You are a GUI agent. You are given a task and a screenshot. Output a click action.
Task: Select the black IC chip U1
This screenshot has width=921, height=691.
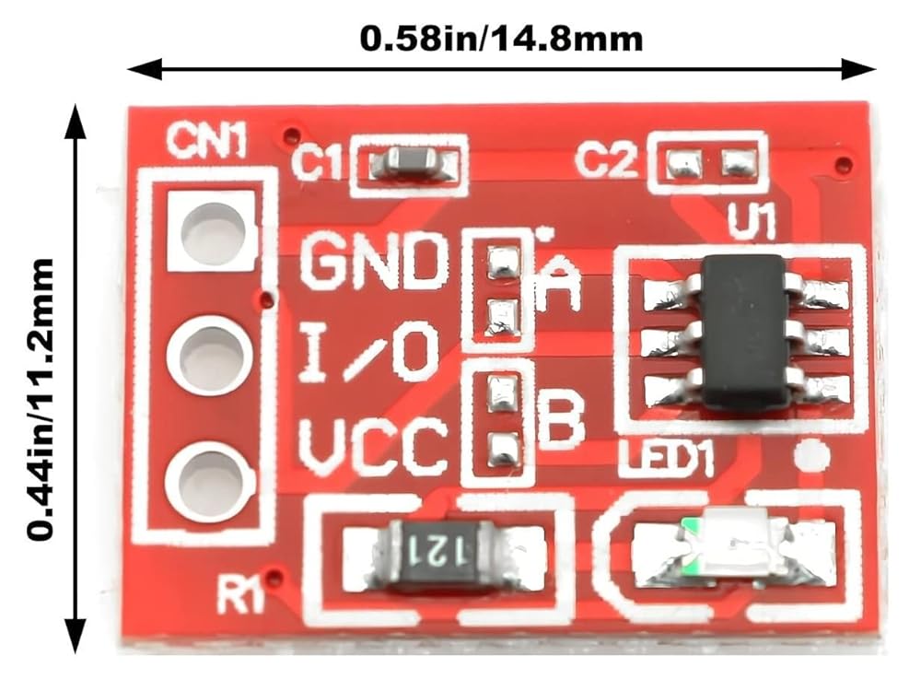(x=746, y=332)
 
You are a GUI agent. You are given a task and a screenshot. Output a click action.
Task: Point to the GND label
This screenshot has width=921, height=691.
(x=373, y=263)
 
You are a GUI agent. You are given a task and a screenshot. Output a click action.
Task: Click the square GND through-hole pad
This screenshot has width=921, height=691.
(x=213, y=230)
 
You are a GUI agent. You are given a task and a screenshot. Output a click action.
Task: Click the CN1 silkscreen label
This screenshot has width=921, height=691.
(x=206, y=142)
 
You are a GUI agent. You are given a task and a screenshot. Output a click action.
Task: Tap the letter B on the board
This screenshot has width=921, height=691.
(x=560, y=420)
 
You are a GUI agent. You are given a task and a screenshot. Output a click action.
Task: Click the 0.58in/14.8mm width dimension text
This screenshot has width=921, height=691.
(x=501, y=39)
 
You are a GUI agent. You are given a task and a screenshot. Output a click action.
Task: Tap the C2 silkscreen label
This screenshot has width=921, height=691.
(x=605, y=162)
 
